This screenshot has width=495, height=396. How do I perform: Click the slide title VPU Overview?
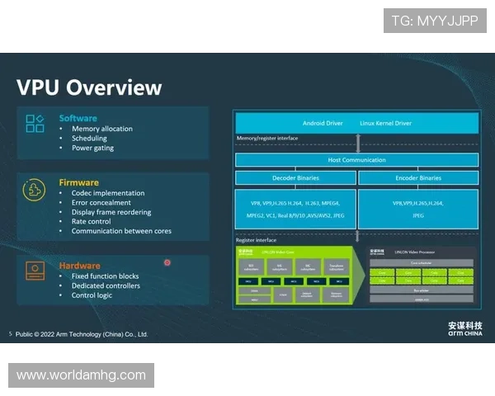(89, 87)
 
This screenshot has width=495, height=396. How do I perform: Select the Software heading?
(78, 119)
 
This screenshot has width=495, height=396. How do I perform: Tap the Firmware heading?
(78, 183)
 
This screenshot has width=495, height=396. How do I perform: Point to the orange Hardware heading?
(79, 266)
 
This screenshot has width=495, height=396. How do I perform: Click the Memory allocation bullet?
(101, 129)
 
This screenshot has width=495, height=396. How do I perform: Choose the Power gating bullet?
(92, 148)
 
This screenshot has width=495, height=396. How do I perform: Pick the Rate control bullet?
(91, 221)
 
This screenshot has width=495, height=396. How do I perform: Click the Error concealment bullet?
(101, 202)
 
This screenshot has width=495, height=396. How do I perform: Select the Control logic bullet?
(92, 295)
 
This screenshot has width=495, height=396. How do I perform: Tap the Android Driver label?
(323, 123)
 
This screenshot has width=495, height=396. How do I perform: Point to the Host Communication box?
(356, 159)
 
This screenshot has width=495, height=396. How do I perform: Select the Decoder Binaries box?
(295, 177)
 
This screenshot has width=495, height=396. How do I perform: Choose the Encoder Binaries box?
(418, 177)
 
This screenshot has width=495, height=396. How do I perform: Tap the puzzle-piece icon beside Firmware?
(34, 190)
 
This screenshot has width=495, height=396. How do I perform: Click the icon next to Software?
(35, 124)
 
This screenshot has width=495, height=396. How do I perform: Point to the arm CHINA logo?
(465, 328)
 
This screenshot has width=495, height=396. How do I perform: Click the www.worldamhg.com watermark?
(81, 375)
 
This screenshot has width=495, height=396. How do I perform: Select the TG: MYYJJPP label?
(434, 21)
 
